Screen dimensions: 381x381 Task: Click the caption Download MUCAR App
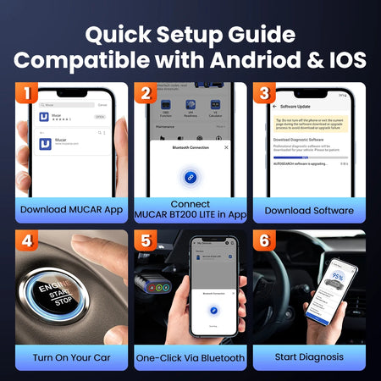coord(71,210)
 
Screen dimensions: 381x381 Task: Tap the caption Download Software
coord(308,210)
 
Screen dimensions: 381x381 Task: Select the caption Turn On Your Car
coord(71,358)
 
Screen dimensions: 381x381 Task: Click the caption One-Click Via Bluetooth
coord(190,358)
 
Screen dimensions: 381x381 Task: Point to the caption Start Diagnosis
coord(308,358)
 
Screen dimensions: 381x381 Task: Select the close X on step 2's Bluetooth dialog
coord(226,146)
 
